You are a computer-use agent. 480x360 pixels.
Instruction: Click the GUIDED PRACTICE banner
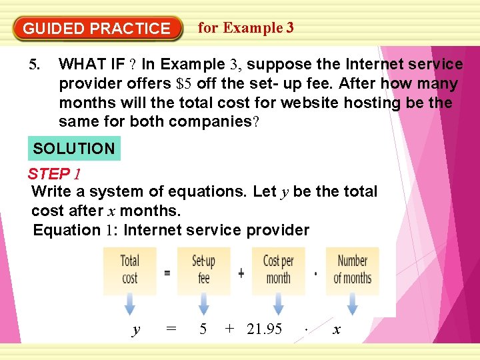[97, 29]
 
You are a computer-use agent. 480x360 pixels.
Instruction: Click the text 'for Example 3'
[246, 27]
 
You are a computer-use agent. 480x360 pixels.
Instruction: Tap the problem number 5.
[35, 65]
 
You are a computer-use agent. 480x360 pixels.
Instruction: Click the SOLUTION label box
[74, 149]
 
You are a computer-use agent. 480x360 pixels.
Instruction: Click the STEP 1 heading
[54, 175]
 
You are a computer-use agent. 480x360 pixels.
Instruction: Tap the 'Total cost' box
[130, 270]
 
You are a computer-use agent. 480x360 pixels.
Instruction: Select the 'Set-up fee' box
[203, 270]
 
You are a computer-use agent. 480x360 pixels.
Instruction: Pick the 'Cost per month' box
[278, 270]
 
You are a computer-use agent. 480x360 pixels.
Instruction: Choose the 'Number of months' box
[352, 270]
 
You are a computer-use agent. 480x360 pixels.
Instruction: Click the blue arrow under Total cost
[130, 306]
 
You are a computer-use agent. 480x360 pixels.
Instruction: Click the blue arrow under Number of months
[352, 306]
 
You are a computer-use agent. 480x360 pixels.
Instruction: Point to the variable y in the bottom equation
[137, 329]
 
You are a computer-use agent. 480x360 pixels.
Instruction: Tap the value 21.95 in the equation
[264, 329]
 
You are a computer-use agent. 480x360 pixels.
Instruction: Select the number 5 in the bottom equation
[203, 329]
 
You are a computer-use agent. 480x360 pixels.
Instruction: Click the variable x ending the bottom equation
[337, 329]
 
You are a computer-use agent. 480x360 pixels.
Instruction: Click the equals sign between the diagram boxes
[167, 273]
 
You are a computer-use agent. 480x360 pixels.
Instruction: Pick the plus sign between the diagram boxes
[241, 273]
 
